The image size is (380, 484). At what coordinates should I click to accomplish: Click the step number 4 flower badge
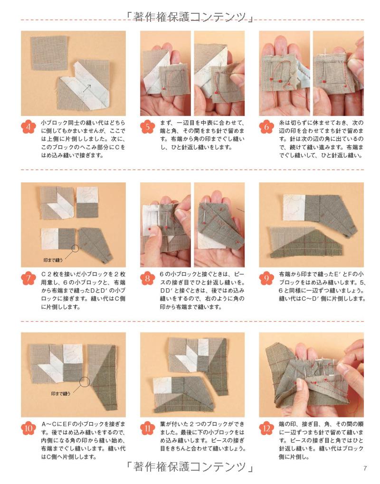28,127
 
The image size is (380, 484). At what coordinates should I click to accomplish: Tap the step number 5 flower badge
148,127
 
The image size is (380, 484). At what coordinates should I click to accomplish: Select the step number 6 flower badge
266,127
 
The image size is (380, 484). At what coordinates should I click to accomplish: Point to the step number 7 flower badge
28,278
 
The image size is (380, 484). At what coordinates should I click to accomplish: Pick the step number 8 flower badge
148,278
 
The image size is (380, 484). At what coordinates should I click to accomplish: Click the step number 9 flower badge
266,278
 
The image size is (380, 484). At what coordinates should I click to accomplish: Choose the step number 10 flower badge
28,428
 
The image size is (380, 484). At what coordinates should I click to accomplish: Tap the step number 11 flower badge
148,428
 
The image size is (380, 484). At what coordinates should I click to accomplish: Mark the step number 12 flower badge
266,428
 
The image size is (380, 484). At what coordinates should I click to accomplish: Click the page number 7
365,468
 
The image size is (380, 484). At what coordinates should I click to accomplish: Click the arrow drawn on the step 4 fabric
87,88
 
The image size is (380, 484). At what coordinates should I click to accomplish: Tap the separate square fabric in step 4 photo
49,53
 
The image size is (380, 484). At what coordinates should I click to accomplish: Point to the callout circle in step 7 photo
75,248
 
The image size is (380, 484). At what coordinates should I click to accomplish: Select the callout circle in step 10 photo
85,382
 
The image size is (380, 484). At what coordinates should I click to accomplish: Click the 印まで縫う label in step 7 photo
53,260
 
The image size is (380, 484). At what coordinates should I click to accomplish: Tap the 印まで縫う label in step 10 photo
61,394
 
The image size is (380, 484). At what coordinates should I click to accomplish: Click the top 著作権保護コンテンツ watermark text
190,17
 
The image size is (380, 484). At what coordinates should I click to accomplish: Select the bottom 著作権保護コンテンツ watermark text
190,466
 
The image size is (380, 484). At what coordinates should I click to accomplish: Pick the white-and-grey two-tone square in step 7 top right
87,202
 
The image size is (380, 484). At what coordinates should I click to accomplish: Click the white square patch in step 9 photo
294,208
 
